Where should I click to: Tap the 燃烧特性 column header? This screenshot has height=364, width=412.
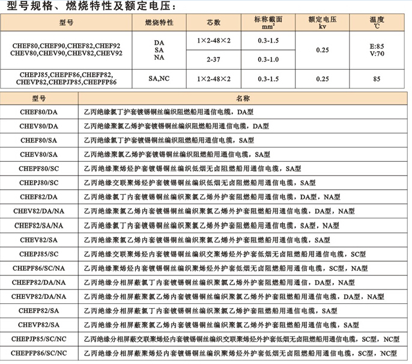159,23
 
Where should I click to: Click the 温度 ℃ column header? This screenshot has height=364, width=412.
377,23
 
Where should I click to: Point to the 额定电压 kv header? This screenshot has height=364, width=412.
323,23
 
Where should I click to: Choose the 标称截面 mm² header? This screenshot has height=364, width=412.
268,23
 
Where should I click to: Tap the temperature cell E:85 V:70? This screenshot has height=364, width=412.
377,49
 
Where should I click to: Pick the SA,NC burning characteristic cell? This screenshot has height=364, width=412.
159,78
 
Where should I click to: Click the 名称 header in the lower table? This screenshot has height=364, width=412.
243,97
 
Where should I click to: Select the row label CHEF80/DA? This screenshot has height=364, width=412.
39,112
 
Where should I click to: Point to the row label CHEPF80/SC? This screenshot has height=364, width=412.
39,169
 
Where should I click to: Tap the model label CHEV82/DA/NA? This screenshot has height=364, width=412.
39,211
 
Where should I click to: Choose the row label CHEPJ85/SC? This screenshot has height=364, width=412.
39,253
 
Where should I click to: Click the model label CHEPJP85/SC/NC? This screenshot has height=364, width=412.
39,339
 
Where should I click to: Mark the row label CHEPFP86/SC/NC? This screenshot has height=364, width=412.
39,353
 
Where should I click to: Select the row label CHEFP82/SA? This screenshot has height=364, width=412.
39,310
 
